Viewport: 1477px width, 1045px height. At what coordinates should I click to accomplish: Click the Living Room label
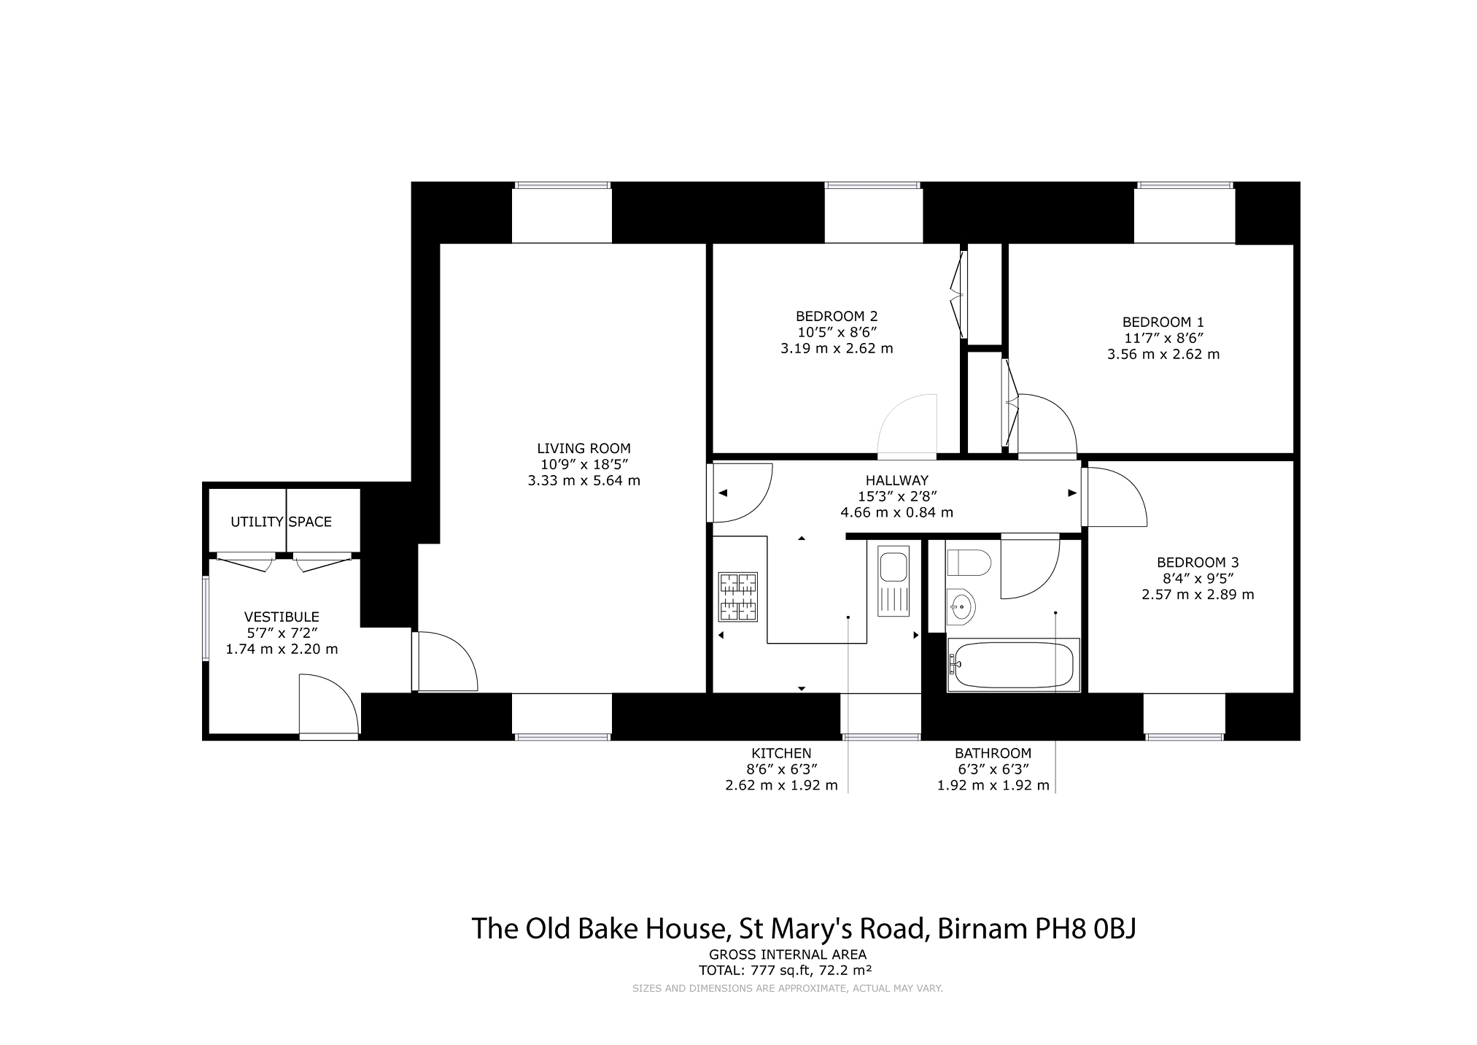click(584, 449)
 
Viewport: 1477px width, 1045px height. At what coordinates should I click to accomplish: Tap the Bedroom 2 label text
click(837, 317)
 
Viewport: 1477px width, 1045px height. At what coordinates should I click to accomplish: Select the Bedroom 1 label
click(1163, 323)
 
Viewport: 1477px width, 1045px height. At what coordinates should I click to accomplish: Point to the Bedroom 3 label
click(1198, 563)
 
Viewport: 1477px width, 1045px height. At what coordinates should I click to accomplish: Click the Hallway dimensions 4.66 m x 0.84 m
click(897, 512)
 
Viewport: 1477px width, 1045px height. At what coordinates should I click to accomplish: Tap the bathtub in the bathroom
click(1012, 665)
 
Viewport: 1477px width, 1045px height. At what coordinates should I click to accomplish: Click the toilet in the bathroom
click(969, 563)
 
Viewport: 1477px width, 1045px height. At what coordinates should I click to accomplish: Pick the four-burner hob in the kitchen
click(739, 597)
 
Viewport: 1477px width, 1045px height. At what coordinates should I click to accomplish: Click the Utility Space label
click(282, 522)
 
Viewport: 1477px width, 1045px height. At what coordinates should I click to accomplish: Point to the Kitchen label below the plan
click(781, 754)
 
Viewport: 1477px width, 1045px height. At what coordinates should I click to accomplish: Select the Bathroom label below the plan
click(993, 754)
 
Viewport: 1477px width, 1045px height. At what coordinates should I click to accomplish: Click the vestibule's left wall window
click(206, 619)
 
